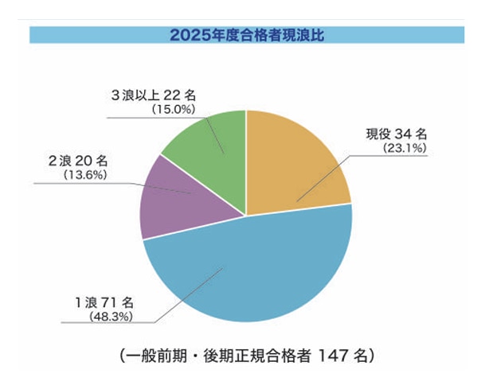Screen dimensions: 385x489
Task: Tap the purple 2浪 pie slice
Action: (167, 203)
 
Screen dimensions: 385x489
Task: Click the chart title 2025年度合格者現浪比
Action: (246, 35)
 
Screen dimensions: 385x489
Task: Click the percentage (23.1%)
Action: (405, 148)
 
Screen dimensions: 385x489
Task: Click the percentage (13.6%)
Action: (86, 174)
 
